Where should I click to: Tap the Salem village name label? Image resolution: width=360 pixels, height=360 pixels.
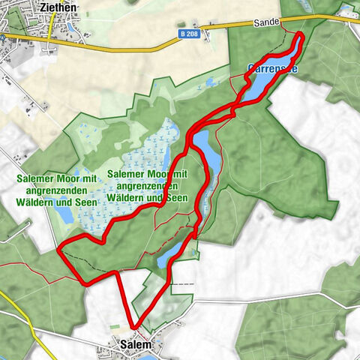click(135, 345)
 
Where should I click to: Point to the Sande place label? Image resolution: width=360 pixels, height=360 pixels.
click(266, 24)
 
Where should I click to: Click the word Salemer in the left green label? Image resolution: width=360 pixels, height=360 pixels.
click(36, 178)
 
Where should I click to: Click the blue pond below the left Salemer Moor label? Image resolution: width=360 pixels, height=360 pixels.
click(64, 215)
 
